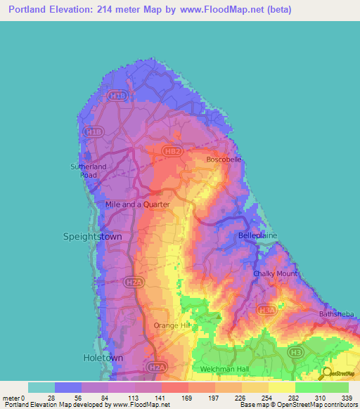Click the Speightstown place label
(92, 237)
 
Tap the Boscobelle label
(224, 160)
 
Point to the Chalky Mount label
(275, 273)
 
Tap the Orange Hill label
(172, 325)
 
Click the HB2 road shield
(172, 150)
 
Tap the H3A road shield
(265, 309)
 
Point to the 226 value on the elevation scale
(242, 398)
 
